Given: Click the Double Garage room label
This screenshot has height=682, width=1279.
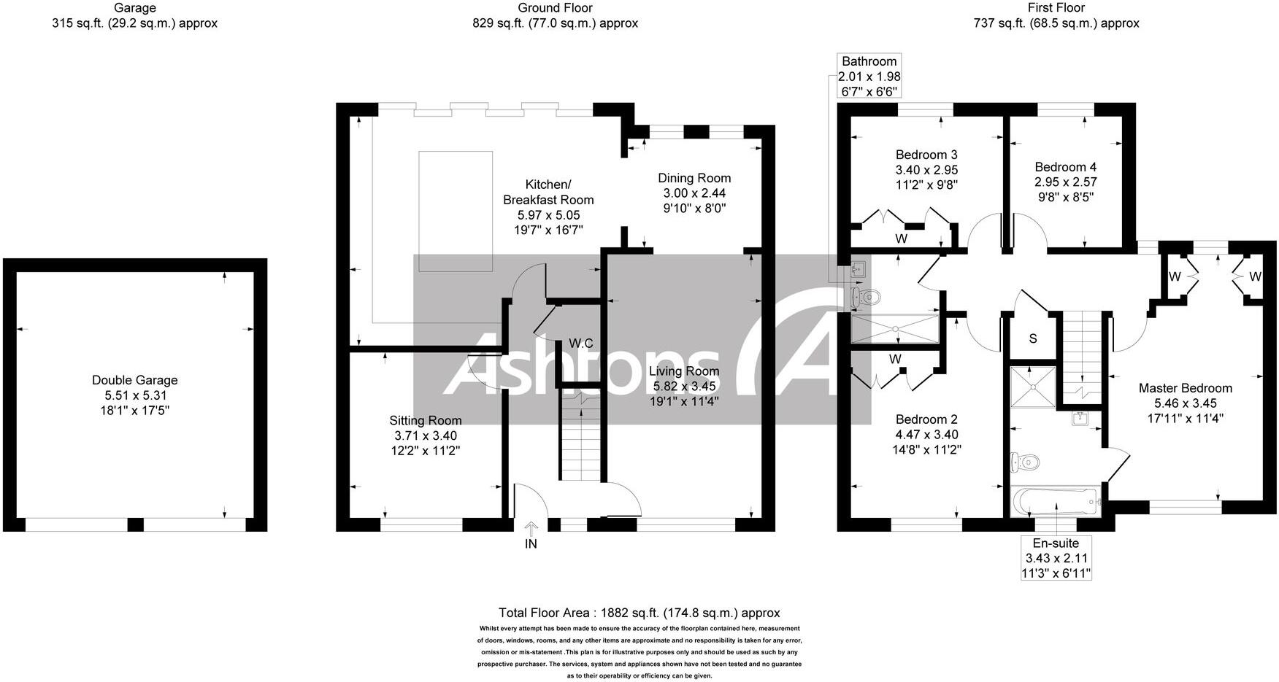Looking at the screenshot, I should pyautogui.click(x=134, y=380).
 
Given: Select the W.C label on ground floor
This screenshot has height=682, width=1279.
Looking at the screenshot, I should pyautogui.click(x=581, y=343).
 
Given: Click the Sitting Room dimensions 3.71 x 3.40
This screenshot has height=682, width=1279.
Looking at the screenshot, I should pyautogui.click(x=425, y=435).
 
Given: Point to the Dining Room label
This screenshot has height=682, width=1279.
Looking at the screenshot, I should pyautogui.click(x=694, y=178).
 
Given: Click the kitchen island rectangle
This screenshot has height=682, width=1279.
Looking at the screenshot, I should pyautogui.click(x=455, y=212).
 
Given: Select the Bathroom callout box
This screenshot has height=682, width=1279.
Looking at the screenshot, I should pyautogui.click(x=869, y=76).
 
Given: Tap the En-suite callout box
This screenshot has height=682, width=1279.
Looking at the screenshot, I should pyautogui.click(x=1056, y=559).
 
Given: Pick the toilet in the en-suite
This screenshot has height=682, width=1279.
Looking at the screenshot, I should pyautogui.click(x=1026, y=461).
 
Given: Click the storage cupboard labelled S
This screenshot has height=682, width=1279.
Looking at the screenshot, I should pyautogui.click(x=1032, y=338).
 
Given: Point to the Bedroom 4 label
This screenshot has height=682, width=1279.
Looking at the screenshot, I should pyautogui.click(x=1065, y=167).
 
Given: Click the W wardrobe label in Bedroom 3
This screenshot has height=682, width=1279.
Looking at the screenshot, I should pyautogui.click(x=901, y=239).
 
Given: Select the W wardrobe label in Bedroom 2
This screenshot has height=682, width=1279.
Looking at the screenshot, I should pyautogui.click(x=895, y=359).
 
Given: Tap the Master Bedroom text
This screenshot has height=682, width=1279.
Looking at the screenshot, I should pyautogui.click(x=1185, y=388).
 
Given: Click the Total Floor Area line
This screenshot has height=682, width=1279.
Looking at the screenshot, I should pyautogui.click(x=639, y=613).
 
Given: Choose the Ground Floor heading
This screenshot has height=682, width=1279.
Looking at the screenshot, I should pyautogui.click(x=555, y=8).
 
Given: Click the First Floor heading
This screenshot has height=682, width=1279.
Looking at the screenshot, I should pyautogui.click(x=1056, y=8).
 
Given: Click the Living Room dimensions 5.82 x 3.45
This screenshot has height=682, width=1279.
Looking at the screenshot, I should pyautogui.click(x=684, y=385).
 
